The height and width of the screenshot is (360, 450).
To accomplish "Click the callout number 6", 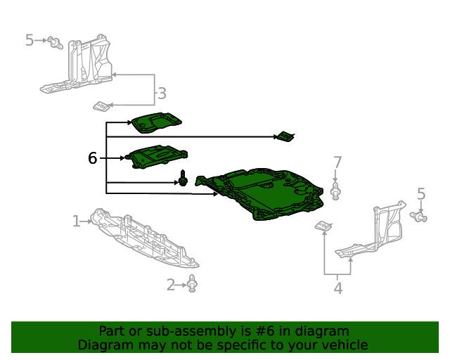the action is [x=92, y=158].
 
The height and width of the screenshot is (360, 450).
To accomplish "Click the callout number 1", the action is [x=77, y=221].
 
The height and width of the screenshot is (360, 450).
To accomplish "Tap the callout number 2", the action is [x=170, y=285].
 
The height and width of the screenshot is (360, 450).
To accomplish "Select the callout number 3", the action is [x=162, y=94].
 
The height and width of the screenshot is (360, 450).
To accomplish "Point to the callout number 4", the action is [x=338, y=288].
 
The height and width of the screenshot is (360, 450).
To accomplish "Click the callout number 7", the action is [x=337, y=162].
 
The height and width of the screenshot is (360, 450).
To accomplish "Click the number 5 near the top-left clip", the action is [x=30, y=40].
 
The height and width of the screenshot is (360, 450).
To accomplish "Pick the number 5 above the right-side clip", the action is [x=420, y=194].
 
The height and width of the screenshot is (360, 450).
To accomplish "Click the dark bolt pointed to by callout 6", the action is [x=183, y=178].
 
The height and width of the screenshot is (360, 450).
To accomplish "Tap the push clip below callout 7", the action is [x=335, y=191].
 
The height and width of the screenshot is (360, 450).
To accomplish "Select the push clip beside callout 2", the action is [x=192, y=283].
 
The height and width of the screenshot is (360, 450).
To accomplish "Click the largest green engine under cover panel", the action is [x=259, y=194].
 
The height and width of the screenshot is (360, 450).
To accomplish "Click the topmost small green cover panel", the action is [x=156, y=123].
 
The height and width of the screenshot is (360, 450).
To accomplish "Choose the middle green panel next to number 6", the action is [x=157, y=157].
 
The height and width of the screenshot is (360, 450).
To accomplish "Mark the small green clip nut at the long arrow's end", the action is [x=286, y=136].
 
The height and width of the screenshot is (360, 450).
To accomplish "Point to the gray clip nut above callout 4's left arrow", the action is [x=323, y=226].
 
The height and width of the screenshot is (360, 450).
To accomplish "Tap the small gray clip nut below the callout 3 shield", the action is [x=101, y=106].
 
